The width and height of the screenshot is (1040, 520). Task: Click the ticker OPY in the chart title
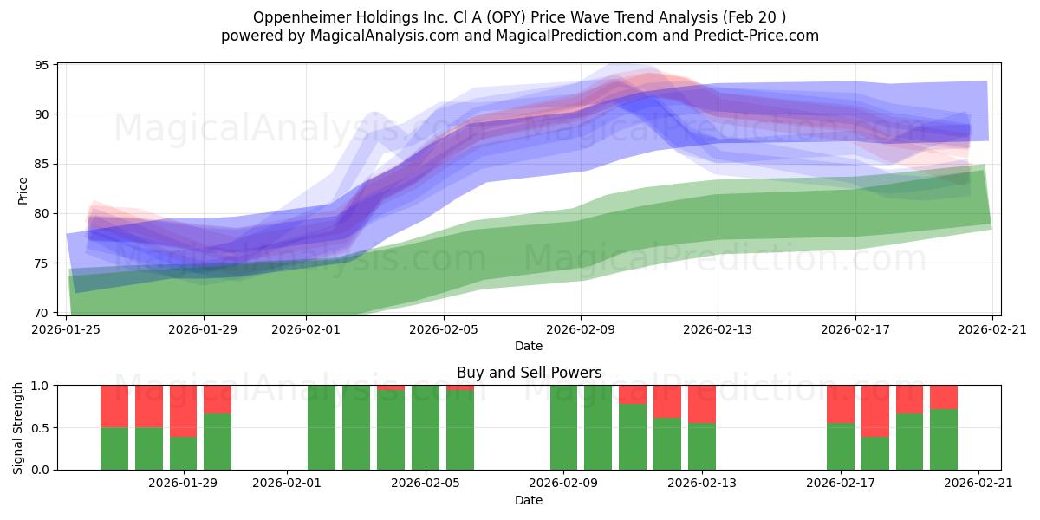tap(508, 17)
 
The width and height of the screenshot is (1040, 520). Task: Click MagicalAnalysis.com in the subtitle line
tap(385, 36)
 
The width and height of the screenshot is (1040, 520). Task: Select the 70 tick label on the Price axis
tap(42, 313)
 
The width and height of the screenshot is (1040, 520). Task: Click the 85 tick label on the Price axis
tap(42, 164)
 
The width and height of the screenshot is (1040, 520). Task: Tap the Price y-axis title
tap(23, 191)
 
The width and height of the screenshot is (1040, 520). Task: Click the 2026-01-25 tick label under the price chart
tap(66, 329)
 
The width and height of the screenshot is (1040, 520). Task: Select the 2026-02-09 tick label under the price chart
tap(581, 329)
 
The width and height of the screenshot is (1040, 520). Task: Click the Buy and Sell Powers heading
tap(529, 373)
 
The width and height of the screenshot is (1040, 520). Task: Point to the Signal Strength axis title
tap(17, 427)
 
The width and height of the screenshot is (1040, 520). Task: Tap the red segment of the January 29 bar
tap(183, 412)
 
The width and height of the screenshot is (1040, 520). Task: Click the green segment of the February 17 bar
tap(841, 446)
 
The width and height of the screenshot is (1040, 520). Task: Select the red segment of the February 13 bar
tap(701, 405)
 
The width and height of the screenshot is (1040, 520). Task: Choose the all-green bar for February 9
tap(563, 427)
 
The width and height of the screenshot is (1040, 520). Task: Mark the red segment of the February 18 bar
tap(875, 412)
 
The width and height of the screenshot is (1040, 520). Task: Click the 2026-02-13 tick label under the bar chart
tap(701, 483)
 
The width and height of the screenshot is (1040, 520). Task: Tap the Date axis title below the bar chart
tap(529, 500)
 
